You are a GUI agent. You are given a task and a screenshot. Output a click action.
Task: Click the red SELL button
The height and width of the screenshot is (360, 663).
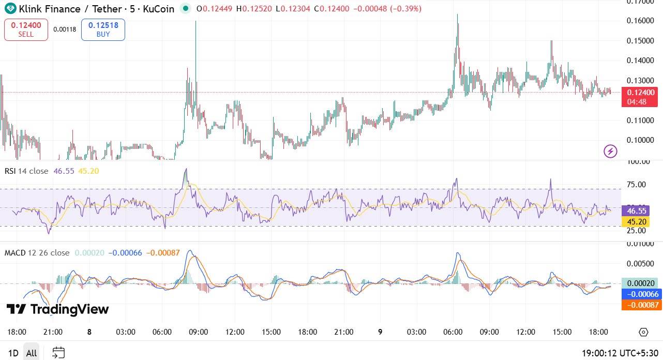coord(26,29)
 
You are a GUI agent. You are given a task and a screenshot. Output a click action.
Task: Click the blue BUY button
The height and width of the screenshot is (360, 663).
coord(103,29)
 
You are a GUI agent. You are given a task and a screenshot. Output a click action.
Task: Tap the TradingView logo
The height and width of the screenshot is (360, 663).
coord(57,309)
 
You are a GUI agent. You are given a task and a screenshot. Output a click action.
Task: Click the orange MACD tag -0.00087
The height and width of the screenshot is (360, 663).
coord(641,305)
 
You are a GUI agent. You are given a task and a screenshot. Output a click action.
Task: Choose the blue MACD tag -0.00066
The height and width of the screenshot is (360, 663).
coord(641,294)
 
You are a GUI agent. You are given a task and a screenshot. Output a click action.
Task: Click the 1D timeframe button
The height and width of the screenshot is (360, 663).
coord(13,353)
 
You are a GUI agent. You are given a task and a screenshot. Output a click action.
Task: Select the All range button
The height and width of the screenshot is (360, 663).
coord(32,353)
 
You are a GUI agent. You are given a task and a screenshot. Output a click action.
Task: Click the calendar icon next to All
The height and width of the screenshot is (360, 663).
coord(58,353)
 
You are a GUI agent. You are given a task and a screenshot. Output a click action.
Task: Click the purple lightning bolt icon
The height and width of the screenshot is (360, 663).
coord(611,151)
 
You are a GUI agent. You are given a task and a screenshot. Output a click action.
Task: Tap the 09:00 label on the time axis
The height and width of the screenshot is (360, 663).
coord(198,332)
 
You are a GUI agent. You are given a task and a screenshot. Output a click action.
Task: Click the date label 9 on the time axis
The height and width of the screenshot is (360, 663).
coord(380,332)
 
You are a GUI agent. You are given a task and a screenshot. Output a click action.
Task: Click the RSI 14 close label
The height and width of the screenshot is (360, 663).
coord(26,171)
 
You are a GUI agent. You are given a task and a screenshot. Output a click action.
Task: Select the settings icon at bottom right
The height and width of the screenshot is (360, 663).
coord(643,332)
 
